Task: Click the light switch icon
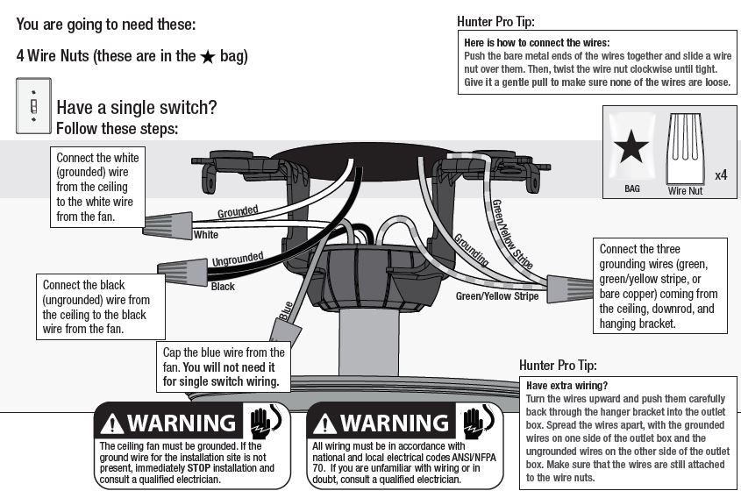coord(33,106)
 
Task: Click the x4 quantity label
coord(721,175)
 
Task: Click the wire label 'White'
coord(206,235)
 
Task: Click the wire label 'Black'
coord(223,287)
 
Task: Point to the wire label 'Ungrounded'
coord(238,259)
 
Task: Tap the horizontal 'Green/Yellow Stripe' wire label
coord(496,296)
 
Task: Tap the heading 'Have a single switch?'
coord(136,108)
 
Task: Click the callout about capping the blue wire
coord(224,367)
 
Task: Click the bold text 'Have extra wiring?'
coord(566,386)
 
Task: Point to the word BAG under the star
coord(632,189)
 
